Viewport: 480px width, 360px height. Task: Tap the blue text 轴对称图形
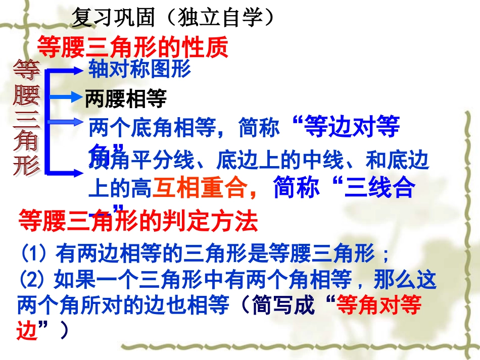tap(139, 69)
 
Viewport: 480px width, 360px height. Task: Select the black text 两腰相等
tap(126, 99)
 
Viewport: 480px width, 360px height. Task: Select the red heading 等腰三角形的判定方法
tap(138, 221)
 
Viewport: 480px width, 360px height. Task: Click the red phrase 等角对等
tap(378, 305)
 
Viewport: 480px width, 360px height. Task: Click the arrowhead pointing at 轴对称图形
tap(77, 69)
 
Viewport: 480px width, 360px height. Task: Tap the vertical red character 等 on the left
tap(26, 71)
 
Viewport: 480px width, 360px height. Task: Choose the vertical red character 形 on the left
tap(26, 164)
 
